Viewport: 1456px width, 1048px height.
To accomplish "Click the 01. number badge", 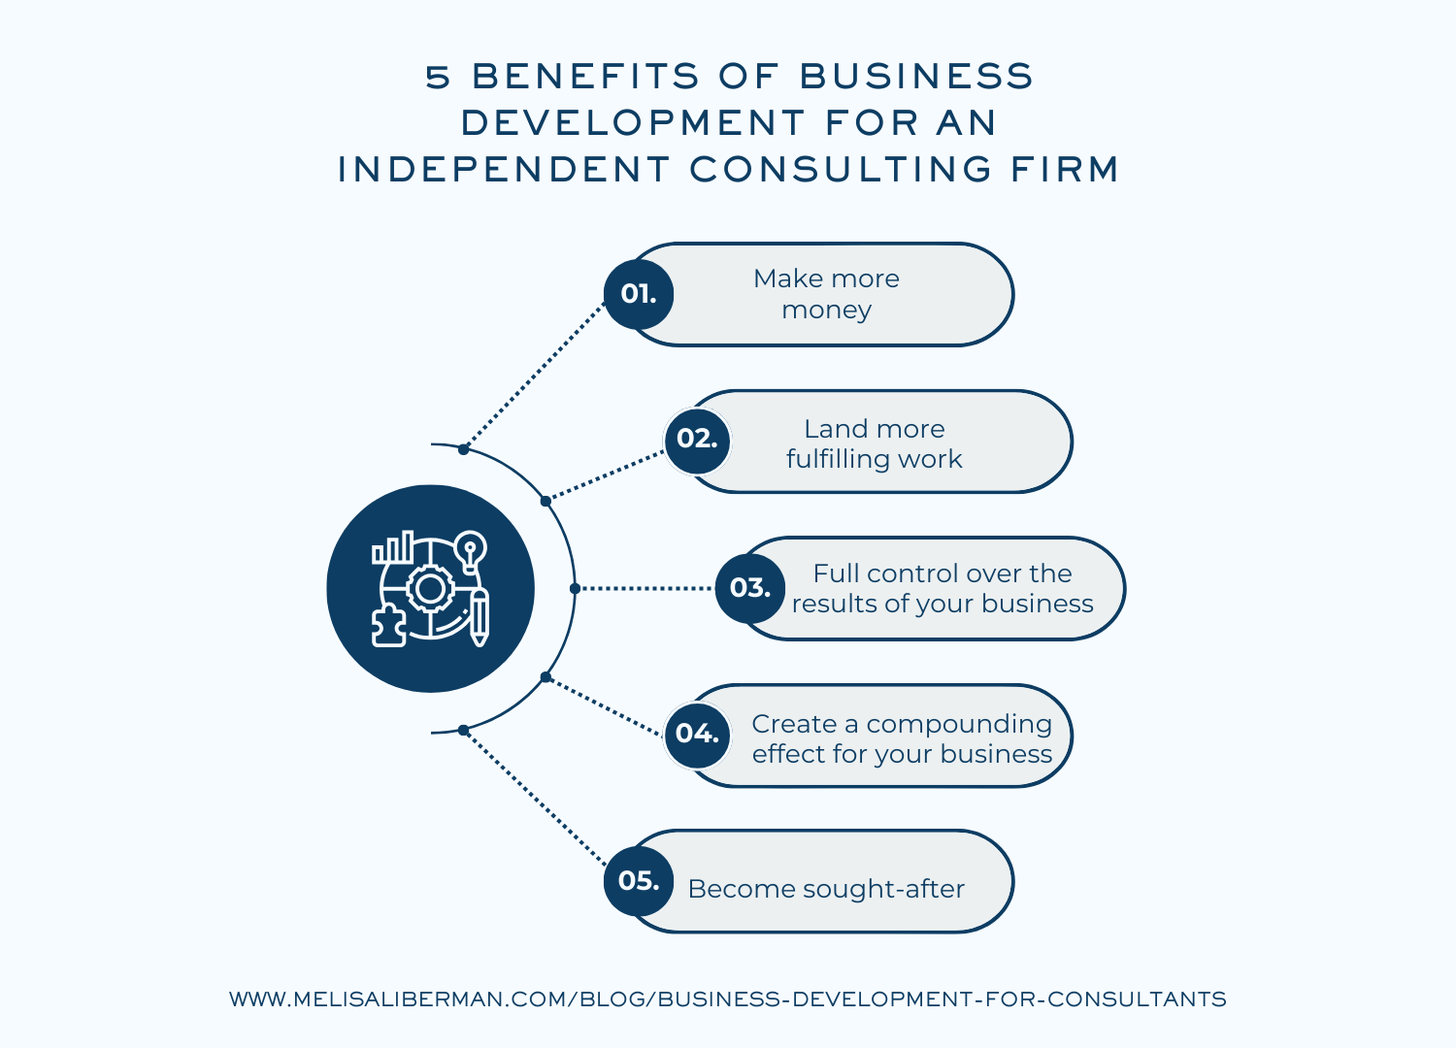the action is [x=639, y=294].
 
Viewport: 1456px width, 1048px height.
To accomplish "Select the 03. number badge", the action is [x=750, y=589].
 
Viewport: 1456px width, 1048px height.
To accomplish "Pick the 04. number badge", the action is [x=698, y=735].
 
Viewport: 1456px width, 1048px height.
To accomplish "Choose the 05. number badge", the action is [x=639, y=882].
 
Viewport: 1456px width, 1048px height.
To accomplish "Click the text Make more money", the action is [x=826, y=294].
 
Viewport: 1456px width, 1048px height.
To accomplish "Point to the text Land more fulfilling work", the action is [x=875, y=443].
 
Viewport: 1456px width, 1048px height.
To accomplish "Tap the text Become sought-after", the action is [x=826, y=889].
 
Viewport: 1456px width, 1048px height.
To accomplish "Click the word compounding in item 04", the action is [x=959, y=725].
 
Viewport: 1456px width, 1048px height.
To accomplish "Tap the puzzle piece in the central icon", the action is [x=388, y=626].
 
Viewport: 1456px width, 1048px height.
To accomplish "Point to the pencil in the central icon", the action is [x=480, y=618].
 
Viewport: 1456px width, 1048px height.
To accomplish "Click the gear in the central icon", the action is [x=430, y=589].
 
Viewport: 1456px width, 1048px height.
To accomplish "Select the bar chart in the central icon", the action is [x=392, y=547].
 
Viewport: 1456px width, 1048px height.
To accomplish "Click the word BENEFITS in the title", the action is [x=585, y=76].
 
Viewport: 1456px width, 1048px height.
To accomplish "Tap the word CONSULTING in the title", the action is [x=840, y=169].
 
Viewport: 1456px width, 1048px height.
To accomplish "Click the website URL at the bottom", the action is [x=727, y=999].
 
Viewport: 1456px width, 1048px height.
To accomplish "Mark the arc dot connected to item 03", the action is [x=575, y=589].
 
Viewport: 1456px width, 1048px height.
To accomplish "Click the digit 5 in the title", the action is [x=438, y=77].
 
